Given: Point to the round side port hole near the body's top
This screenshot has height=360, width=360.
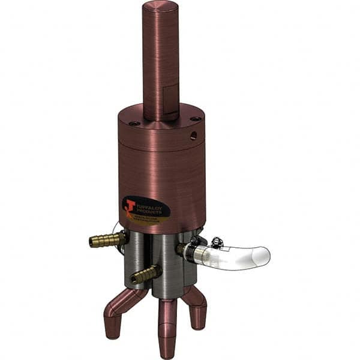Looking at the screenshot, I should click(193, 136).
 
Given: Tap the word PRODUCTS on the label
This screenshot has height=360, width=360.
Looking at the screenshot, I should click(151, 209).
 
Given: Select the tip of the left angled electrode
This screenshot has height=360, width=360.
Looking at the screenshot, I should click(110, 333).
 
